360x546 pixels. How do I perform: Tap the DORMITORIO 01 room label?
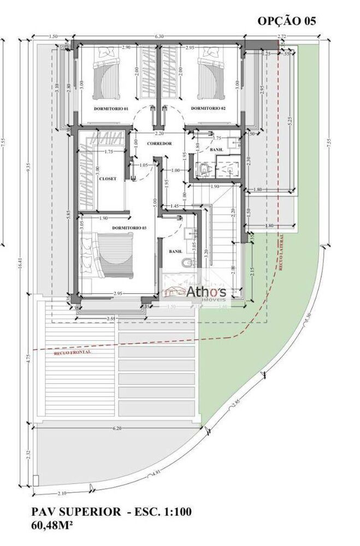[x=110, y=109]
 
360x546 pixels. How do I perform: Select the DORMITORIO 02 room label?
[x=208, y=109]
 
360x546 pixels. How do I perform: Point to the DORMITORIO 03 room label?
[x=129, y=227]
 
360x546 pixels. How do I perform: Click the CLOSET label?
[x=107, y=179]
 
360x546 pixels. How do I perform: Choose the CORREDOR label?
[x=160, y=144]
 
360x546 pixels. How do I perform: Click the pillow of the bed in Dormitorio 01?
[x=106, y=54]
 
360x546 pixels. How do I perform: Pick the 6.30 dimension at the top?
[x=159, y=36]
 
